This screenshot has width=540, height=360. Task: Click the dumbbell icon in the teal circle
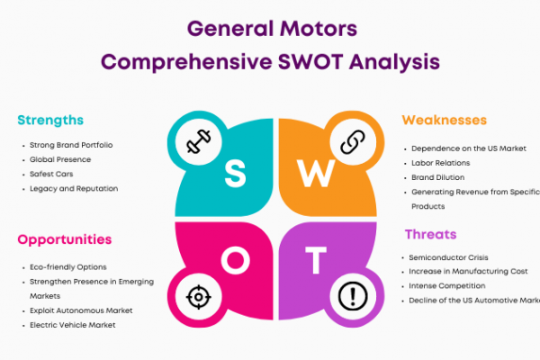pos(199,141)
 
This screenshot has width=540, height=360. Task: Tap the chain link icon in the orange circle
pos(353,141)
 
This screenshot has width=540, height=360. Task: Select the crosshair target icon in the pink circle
pos(199,297)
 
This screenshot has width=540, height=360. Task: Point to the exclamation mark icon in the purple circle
pos(353,296)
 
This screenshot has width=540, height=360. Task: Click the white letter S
pos(235,175)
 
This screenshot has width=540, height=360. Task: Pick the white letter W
pos(316,174)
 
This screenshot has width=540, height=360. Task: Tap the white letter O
pos(236,261)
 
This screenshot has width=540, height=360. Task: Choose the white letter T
pos(316,260)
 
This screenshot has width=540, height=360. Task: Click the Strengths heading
pos(50,121)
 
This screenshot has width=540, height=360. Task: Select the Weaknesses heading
pos(445,120)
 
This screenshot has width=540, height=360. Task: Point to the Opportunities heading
pos(65,239)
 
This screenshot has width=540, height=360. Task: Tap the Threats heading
pos(431,234)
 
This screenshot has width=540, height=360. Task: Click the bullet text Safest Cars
pos(51,174)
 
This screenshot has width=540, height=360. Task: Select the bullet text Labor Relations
pos(440,163)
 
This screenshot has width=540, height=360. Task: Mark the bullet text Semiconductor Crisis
pos(448,257)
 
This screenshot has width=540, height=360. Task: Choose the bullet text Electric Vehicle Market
pos(73,325)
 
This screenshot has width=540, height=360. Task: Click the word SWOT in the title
pos(310,62)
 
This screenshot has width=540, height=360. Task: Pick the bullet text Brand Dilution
pos(438,177)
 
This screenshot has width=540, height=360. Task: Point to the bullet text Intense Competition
pos(447,285)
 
